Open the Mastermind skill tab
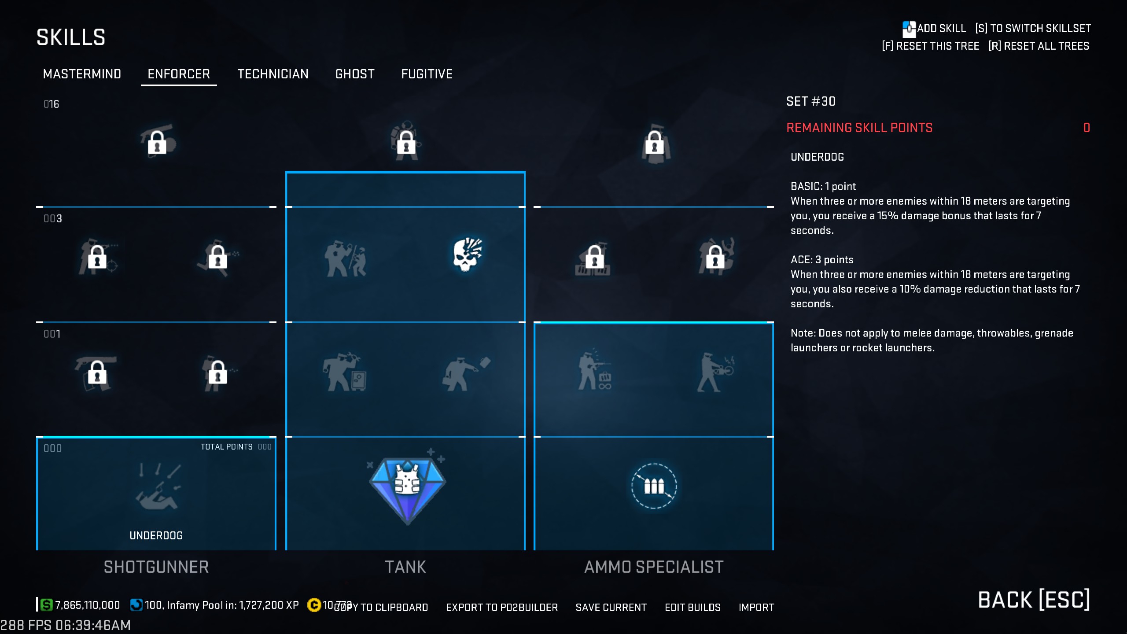[x=82, y=74]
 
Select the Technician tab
[x=273, y=74]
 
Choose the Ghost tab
[x=355, y=74]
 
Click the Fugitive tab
[x=427, y=74]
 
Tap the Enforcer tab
[x=179, y=74]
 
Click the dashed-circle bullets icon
[x=654, y=486]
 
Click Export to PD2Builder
[x=502, y=608]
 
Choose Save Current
[x=611, y=608]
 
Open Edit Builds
[x=692, y=608]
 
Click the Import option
[x=756, y=608]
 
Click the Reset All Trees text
[x=1039, y=46]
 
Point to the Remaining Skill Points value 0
[x=1086, y=128]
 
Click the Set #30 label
[x=811, y=102]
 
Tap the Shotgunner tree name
[x=156, y=567]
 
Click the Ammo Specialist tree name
[x=654, y=567]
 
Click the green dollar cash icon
[x=46, y=605]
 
